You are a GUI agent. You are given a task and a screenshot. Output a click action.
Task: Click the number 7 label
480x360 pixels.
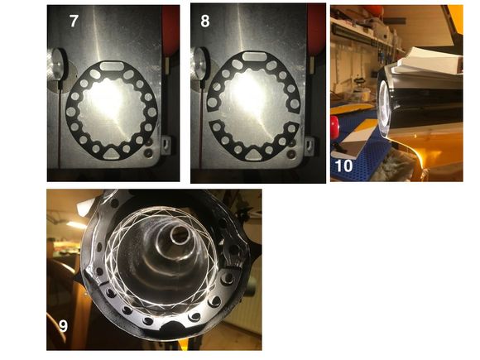74,22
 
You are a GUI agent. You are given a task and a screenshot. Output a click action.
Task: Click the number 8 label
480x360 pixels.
205,22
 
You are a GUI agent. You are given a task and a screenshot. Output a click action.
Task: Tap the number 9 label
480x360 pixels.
63,326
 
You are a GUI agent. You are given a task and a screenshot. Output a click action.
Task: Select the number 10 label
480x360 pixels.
344,166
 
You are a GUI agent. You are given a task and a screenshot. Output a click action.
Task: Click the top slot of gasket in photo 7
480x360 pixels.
112,66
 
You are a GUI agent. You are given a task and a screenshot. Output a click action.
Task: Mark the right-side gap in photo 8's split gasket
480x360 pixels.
298,118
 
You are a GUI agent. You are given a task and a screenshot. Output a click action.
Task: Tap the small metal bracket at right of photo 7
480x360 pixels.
166,144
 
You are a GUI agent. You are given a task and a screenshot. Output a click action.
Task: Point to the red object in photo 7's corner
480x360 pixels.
170,31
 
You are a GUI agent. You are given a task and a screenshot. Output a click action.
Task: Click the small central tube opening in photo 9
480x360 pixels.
180,234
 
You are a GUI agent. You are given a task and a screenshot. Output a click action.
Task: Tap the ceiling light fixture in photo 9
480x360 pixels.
76,225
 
